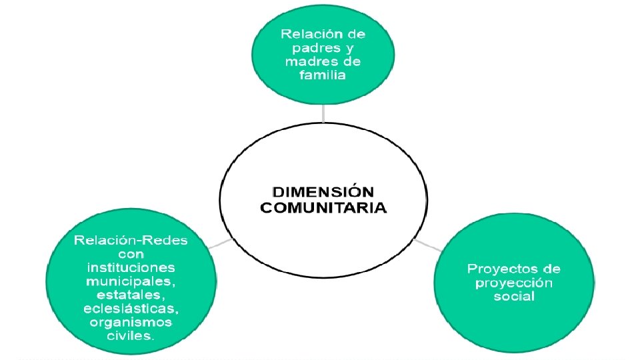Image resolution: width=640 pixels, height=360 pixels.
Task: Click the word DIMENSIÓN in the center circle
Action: pyautogui.click(x=323, y=193)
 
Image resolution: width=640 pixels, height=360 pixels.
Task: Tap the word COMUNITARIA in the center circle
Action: pyautogui.click(x=323, y=207)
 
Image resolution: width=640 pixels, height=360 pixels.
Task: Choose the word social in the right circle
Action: pyautogui.click(x=514, y=296)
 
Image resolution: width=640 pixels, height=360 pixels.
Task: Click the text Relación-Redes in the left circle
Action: pyautogui.click(x=131, y=241)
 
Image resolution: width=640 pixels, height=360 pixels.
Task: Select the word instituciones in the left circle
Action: pyautogui.click(x=131, y=267)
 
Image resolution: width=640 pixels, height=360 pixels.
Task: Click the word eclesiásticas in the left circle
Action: pyautogui.click(x=130, y=309)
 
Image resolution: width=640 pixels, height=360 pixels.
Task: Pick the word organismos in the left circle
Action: pyautogui.click(x=131, y=323)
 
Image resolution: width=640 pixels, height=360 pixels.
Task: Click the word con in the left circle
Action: pyautogui.click(x=131, y=254)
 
